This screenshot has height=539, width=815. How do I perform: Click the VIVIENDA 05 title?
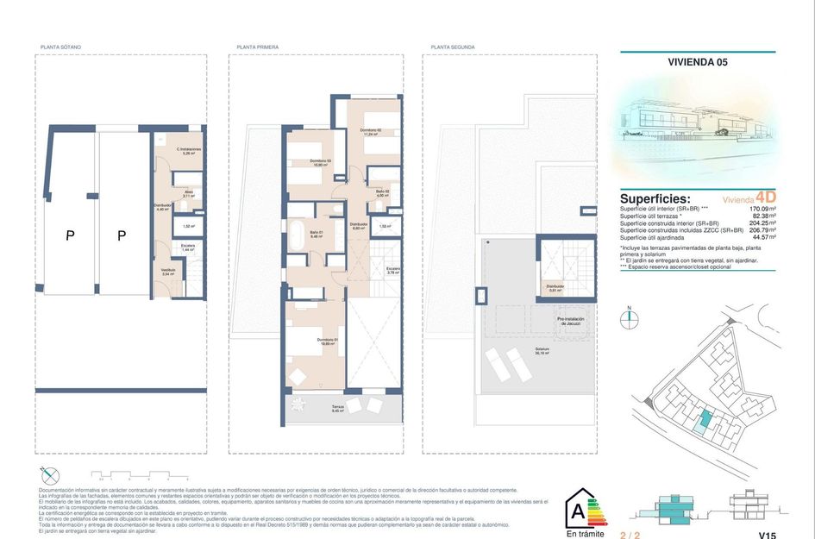[698, 62]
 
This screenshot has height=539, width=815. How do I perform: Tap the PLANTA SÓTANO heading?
[61, 47]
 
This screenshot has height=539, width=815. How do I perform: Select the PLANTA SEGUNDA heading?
[453, 47]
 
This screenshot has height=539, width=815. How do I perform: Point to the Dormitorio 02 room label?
[371, 132]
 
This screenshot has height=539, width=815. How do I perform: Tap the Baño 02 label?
[383, 193]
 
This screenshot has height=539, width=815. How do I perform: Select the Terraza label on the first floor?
[338, 408]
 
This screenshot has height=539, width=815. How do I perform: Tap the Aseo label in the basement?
[187, 194]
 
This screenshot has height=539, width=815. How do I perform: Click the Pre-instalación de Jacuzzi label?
[571, 322]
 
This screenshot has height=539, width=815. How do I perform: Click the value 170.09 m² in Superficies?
[762, 209]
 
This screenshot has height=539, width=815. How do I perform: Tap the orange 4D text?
[765, 197]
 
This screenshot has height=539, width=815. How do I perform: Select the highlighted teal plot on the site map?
[705, 420]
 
